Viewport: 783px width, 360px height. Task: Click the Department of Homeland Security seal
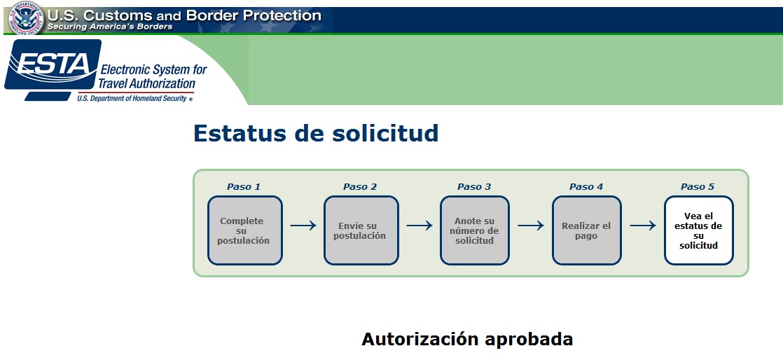point(27,18)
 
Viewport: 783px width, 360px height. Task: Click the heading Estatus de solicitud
point(316,133)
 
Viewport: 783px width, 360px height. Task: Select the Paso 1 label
point(244,187)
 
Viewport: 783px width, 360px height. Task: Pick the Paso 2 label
point(360,187)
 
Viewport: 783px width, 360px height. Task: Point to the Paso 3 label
point(474,187)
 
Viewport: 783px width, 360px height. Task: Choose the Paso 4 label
point(586,187)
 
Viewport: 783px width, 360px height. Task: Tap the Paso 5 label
point(698,187)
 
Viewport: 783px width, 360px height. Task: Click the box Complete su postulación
point(245,230)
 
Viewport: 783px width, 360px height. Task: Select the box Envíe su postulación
point(361,230)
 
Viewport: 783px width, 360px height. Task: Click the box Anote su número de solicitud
point(475,230)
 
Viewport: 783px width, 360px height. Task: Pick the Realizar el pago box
point(587,230)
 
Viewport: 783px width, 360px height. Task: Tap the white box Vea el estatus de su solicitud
point(699,230)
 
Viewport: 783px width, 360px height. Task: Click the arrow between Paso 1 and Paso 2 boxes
point(303,226)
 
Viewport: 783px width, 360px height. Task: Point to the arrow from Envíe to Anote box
point(420,226)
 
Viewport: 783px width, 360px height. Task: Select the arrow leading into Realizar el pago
point(531,226)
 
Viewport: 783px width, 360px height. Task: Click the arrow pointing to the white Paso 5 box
point(643,226)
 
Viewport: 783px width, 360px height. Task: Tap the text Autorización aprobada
point(467,339)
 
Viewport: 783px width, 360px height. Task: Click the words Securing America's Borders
point(110,27)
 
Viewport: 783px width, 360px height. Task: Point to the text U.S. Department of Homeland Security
point(132,98)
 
